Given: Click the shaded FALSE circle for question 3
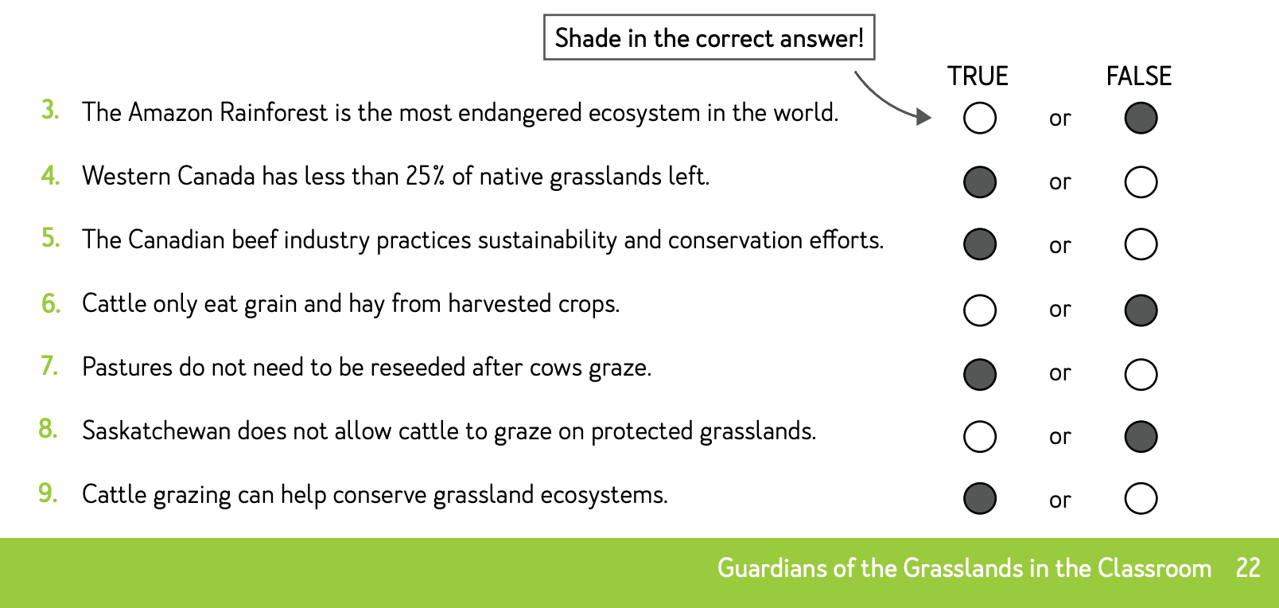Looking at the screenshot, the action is coord(1141,119).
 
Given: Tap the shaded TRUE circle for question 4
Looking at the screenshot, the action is coord(980,182).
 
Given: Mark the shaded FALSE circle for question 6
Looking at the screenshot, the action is coord(1141,310).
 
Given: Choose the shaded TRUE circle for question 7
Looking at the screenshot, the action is coord(980,374).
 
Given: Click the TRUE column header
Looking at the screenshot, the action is coord(978,76).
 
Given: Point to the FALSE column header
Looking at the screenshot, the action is coord(1139,76).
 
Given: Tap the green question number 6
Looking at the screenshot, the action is coord(51,303).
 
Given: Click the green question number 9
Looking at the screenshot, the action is coord(48,493).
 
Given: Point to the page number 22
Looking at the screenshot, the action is coord(1248,568).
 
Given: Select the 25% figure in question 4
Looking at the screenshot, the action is coord(426,176).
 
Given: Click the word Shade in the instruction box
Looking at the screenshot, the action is coord(588,38).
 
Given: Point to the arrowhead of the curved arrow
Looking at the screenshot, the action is coord(923,117).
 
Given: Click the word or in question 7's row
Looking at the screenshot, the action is coord(1059,373).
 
